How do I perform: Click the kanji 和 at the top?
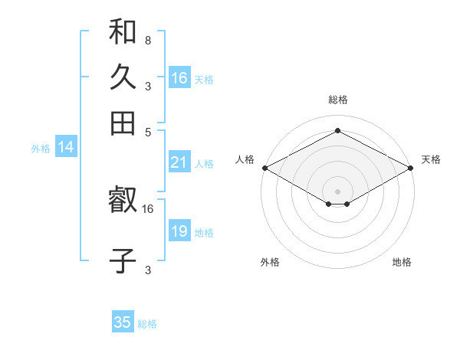(123, 32)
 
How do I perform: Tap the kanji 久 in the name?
(123, 77)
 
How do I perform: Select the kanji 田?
(123, 123)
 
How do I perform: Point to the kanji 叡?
(123, 201)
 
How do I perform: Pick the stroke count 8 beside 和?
(147, 40)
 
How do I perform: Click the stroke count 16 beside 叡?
(148, 208)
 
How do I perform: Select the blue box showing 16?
(179, 78)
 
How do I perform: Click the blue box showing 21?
(179, 162)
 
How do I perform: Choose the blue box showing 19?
(179, 232)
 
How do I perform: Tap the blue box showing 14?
(66, 148)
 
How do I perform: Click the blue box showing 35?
(123, 322)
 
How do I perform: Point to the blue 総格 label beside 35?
(147, 324)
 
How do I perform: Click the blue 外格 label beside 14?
(41, 149)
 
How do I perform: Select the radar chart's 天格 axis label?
(431, 159)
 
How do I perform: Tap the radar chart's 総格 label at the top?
(338, 100)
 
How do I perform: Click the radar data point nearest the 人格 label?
(264, 168)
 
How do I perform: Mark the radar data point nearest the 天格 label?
(412, 168)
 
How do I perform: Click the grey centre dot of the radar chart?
(338, 191)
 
